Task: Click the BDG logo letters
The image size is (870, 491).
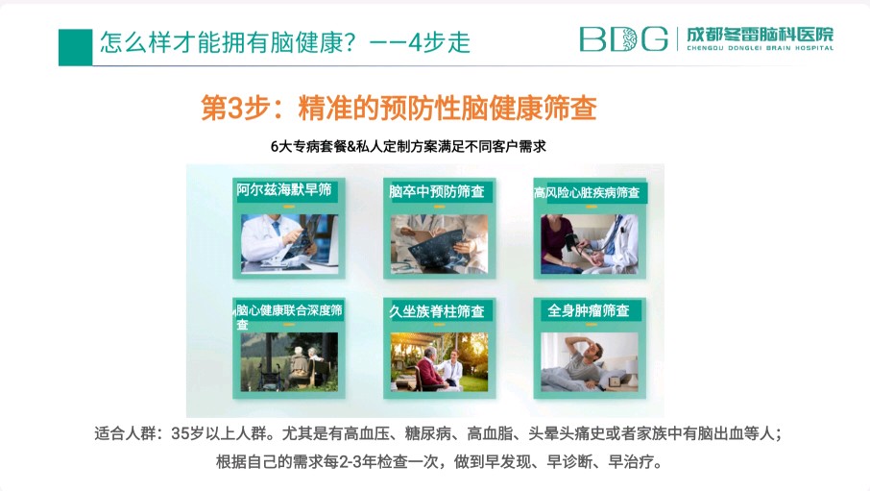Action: point(623,38)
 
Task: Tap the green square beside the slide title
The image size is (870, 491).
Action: point(76,47)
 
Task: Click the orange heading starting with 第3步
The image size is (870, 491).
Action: point(399,108)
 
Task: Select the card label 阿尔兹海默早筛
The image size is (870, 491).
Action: point(284,190)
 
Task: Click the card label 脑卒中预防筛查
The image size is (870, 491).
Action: point(437,191)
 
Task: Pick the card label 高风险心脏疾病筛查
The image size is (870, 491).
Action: point(587,193)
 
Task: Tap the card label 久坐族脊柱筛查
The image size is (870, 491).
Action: point(437,311)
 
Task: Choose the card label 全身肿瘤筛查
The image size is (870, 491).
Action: point(588,310)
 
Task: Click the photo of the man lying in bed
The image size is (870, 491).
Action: point(590,362)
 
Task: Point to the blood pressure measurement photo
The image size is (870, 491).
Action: point(590,244)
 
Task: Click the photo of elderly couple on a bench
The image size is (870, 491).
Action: point(289,362)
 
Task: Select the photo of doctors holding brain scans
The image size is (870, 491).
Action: point(439,244)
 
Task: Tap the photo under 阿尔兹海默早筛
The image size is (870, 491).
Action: point(289,244)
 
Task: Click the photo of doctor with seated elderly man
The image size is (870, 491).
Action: point(439,362)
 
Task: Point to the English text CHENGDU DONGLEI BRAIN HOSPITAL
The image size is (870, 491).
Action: point(761,48)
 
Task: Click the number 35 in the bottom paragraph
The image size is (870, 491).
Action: point(181,433)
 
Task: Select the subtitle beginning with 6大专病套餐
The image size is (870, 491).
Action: point(408,146)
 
